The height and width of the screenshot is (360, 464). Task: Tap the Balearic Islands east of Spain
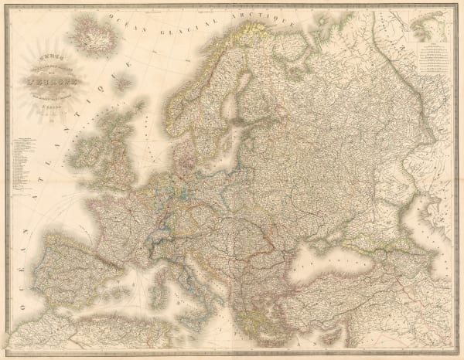click(x=116, y=287)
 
